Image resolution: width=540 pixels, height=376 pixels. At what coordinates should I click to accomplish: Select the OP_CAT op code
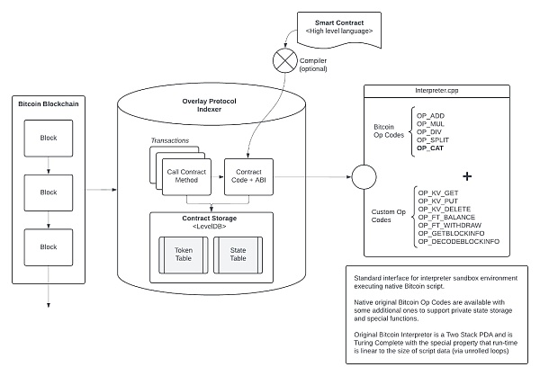click(432, 149)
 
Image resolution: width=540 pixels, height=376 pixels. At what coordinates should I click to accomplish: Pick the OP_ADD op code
click(432, 116)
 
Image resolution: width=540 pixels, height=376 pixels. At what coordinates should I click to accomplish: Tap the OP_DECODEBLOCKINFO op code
click(459, 242)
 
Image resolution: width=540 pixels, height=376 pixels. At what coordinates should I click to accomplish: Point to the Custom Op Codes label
click(390, 216)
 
